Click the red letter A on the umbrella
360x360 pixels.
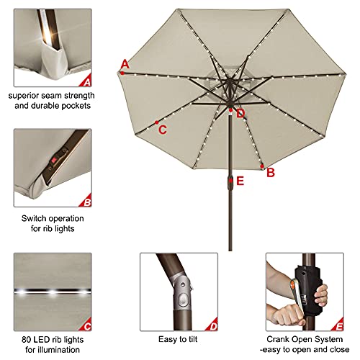(125, 65)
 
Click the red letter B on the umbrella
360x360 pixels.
(271, 172)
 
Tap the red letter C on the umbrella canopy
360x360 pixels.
(163, 130)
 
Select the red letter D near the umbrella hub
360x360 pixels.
(240, 113)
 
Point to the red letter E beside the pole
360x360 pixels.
(240, 181)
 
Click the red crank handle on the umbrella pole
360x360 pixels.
(230, 182)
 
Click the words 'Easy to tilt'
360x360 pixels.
(179, 338)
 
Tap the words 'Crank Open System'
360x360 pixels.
(300, 338)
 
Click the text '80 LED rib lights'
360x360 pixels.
(50, 338)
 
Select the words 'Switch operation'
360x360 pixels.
(50, 218)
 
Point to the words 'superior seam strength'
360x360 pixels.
(50, 96)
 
